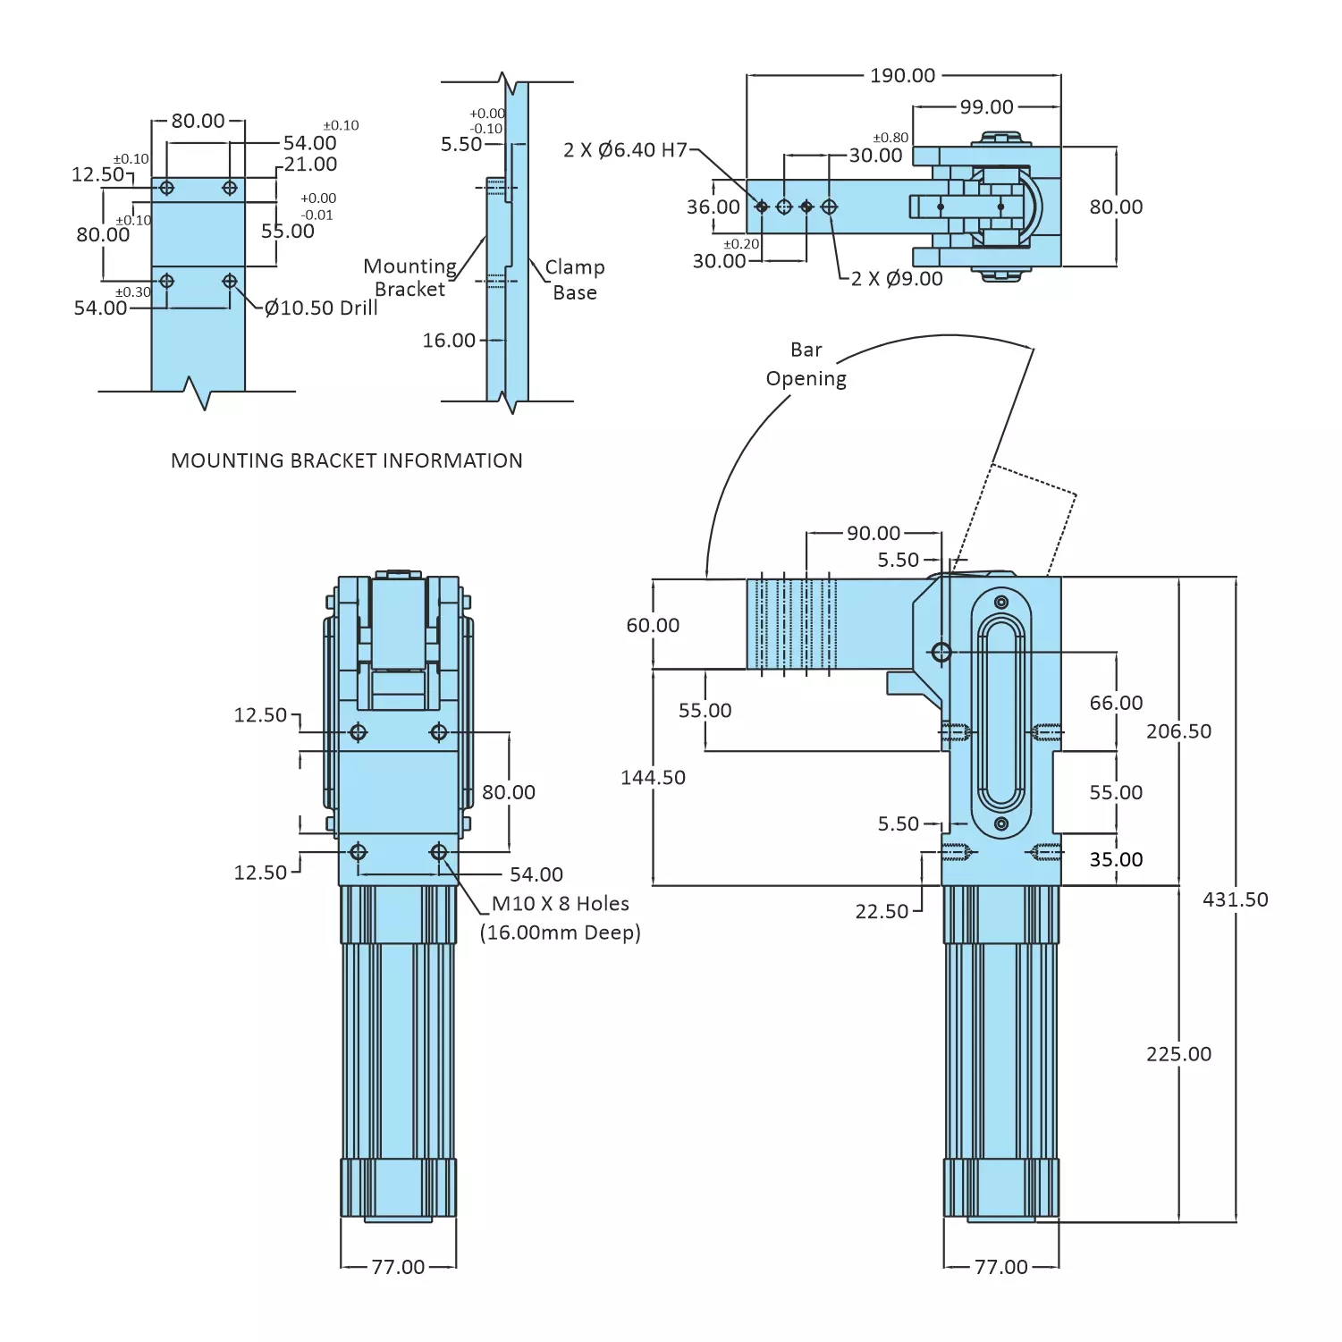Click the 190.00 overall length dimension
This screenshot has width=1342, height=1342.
902,76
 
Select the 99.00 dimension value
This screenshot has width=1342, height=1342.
986,107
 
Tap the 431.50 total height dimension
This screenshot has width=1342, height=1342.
1235,900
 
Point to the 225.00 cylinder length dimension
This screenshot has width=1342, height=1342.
1178,1055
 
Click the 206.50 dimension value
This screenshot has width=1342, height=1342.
1178,731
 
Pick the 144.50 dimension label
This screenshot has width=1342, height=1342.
653,778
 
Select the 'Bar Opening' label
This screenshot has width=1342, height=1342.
806,364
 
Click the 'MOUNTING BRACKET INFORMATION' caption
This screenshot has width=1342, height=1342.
347,461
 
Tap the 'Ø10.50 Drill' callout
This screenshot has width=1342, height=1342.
321,308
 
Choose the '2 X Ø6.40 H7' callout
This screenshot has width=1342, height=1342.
625,150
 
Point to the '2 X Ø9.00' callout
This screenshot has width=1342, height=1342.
897,279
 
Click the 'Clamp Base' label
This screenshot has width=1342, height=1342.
574,280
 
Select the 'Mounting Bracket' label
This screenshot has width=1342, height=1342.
409,278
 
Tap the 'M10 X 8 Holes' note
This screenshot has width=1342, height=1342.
561,904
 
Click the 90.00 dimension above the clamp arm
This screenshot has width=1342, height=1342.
874,534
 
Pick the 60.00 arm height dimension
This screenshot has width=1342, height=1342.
653,626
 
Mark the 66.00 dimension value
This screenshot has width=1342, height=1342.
1116,704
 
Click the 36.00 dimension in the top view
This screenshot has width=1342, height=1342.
713,207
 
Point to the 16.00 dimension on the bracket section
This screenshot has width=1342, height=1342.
449,341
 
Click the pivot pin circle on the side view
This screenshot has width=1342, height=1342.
941,652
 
